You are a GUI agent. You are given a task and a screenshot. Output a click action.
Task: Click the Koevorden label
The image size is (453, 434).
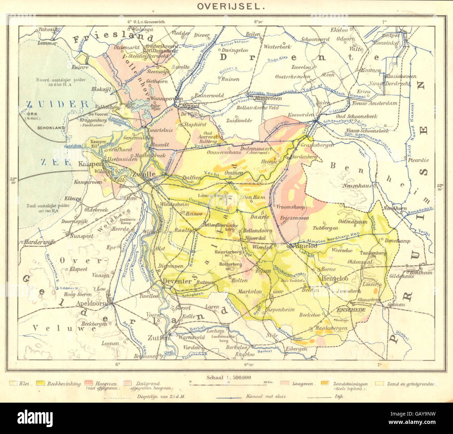[301, 115]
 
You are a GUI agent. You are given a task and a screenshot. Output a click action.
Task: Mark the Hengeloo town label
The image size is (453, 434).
[334, 279]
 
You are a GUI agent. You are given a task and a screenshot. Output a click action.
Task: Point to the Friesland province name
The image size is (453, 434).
[113, 38]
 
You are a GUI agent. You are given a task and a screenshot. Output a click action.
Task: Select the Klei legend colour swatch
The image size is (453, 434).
[14, 383]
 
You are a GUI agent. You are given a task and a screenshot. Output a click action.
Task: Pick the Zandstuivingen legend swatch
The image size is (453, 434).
[325, 383]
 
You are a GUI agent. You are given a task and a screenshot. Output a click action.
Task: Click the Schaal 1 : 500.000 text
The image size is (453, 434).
[228, 377]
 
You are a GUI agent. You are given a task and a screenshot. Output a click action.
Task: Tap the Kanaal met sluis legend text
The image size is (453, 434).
[266, 396]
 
